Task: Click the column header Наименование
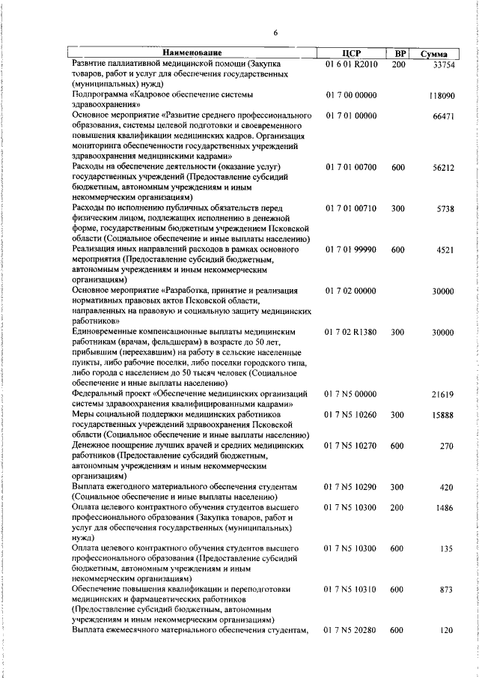[192, 53]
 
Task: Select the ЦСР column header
[351, 53]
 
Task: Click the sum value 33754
[444, 65]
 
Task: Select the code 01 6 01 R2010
[351, 64]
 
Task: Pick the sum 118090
[442, 97]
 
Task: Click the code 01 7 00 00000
[351, 96]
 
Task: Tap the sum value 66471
[444, 117]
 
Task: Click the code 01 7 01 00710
[351, 208]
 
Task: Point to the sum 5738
[446, 208]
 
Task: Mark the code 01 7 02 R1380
[351, 330]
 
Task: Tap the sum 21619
[444, 393]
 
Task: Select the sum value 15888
[444, 414]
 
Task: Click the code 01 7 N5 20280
[351, 631]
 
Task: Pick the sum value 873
[448, 590]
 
